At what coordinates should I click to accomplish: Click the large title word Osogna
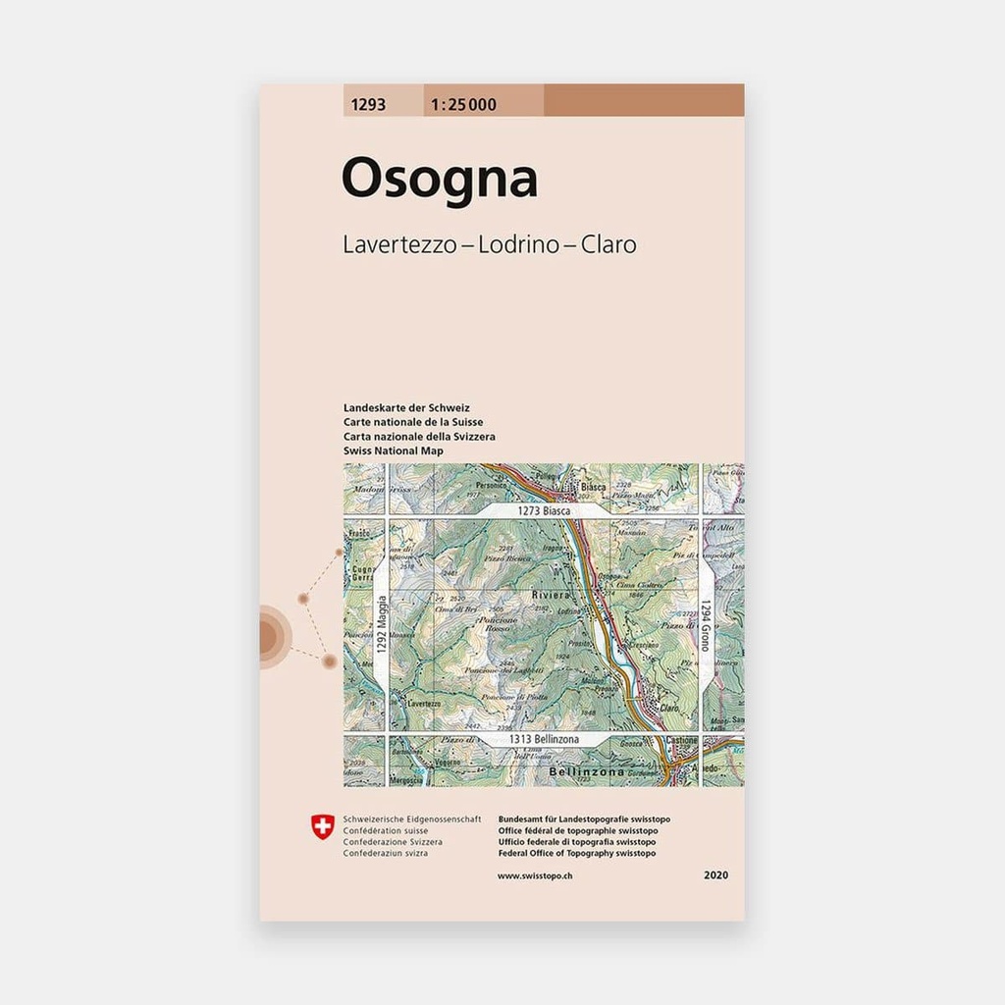point(439,180)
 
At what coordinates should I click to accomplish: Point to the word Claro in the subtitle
point(608,244)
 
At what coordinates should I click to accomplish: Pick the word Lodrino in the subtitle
point(518,244)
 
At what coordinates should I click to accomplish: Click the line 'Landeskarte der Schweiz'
point(406,407)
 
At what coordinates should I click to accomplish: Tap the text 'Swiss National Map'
point(394,450)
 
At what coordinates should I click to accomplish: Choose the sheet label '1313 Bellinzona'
point(544,739)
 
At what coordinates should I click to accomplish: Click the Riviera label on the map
point(551,595)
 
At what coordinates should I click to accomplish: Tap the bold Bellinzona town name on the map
point(561,773)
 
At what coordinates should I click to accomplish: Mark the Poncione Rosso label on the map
point(499,625)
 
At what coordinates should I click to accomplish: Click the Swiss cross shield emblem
point(321,827)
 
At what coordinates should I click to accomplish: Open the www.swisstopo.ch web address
point(535,874)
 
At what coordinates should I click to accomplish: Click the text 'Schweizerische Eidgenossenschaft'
point(411,819)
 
